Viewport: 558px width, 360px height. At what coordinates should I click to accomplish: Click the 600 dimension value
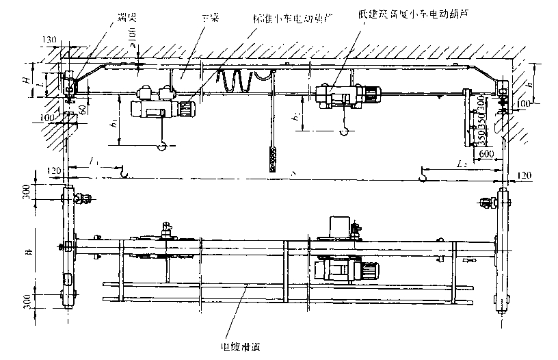(487, 155)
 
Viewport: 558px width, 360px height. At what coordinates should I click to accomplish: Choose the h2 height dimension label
(295, 120)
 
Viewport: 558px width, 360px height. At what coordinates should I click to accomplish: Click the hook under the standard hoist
(162, 145)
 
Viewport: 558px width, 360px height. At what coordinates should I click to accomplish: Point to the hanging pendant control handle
(274, 158)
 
